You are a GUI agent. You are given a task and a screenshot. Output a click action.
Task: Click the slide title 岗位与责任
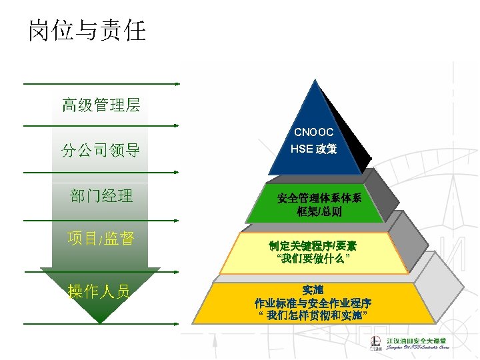pyautogui.click(x=87, y=30)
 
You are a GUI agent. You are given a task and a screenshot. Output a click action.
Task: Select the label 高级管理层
pyautogui.click(x=101, y=105)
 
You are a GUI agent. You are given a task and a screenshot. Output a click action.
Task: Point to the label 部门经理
pyautogui.click(x=101, y=196)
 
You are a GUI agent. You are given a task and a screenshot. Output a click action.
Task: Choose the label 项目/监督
pyautogui.click(x=101, y=239)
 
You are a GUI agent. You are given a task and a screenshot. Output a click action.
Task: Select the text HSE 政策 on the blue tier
pyautogui.click(x=313, y=149)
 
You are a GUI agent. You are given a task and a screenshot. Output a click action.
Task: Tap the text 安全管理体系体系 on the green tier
pyautogui.click(x=319, y=198)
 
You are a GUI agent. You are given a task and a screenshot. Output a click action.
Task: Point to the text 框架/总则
pyautogui.click(x=319, y=212)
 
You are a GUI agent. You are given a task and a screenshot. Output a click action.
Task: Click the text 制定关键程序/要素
pyautogui.click(x=313, y=245)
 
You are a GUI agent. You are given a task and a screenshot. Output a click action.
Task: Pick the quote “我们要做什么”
pyautogui.click(x=313, y=257)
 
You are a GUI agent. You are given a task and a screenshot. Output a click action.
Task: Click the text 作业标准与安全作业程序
pyautogui.click(x=313, y=302)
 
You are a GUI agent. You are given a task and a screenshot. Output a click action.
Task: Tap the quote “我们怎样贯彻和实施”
pyautogui.click(x=313, y=314)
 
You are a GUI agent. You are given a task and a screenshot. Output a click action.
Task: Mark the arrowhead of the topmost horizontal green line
pyautogui.click(x=177, y=84)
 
